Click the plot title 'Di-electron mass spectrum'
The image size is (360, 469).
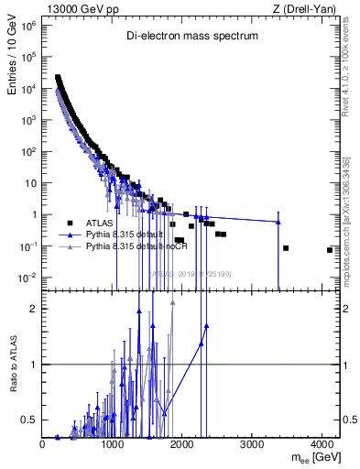192,36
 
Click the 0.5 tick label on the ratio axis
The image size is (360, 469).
28,420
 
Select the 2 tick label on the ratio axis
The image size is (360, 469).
34,309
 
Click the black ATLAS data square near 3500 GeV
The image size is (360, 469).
286,248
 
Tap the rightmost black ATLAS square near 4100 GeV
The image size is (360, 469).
329,250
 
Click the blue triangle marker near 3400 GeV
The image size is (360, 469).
278,222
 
